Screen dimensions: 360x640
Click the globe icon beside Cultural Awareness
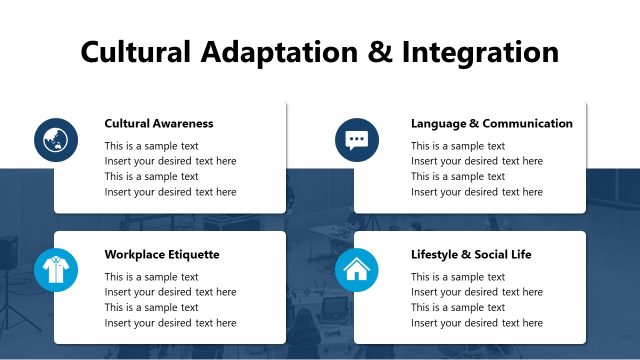(x=55, y=139)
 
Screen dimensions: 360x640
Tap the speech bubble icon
(x=357, y=139)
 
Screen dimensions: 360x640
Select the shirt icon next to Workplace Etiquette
(x=55, y=269)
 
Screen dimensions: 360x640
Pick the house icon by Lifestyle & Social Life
(x=357, y=269)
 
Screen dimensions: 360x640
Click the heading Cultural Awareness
(x=159, y=124)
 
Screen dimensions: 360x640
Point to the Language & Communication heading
(x=491, y=124)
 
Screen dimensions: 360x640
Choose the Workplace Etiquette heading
(x=162, y=255)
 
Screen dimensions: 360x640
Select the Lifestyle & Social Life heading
(x=471, y=255)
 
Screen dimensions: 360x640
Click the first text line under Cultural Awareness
(x=151, y=146)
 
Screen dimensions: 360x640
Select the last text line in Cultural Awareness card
(x=170, y=192)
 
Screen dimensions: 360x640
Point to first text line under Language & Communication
(x=457, y=146)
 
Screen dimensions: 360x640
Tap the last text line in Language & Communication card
(x=476, y=192)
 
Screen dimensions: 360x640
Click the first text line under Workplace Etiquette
(x=151, y=277)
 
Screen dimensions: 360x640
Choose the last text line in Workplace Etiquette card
(x=170, y=323)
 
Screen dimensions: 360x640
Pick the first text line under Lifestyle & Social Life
(x=457, y=277)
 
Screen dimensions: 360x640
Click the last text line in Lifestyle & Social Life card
(x=476, y=323)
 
